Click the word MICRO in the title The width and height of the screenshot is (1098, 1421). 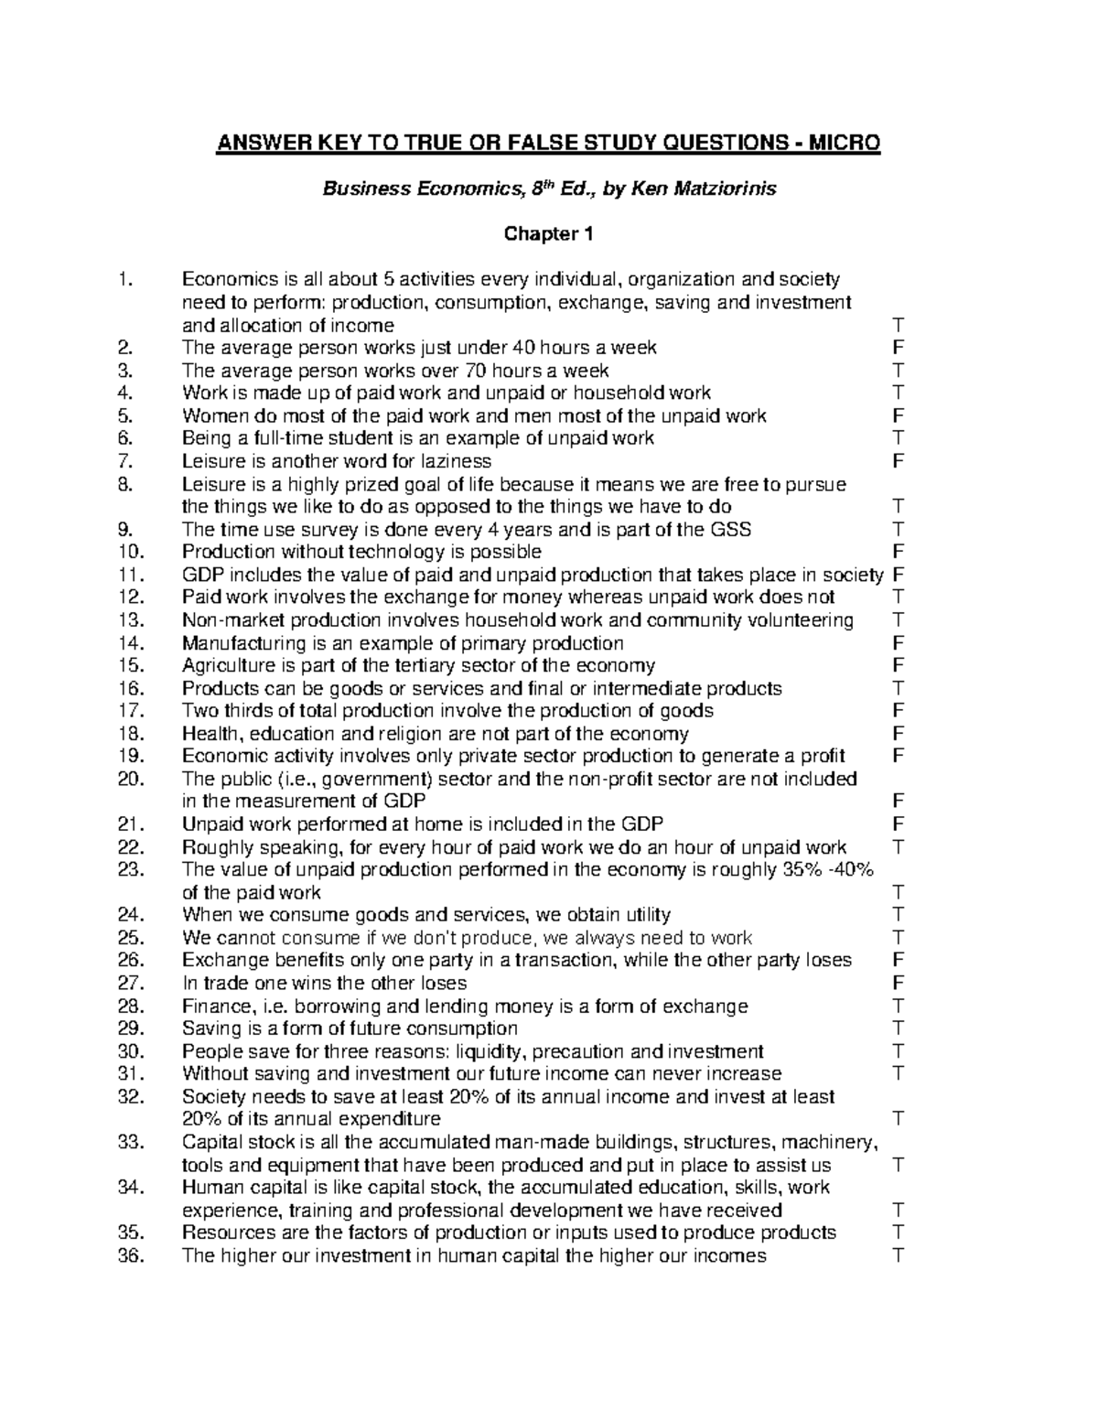pyautogui.click(x=842, y=144)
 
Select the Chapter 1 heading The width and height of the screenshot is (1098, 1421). pyautogui.click(x=549, y=234)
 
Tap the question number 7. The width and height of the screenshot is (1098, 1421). pyautogui.click(x=125, y=461)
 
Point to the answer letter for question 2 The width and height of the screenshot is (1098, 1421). pyautogui.click(x=898, y=348)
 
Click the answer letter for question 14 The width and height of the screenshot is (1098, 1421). pyautogui.click(x=898, y=643)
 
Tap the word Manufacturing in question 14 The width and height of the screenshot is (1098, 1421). pyautogui.click(x=232, y=643)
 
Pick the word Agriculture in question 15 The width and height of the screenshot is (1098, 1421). pyautogui.click(x=222, y=666)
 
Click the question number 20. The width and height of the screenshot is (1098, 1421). pyautogui.click(x=131, y=780)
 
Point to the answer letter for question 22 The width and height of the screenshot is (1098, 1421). pyautogui.click(x=898, y=847)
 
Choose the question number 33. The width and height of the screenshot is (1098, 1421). pyautogui.click(x=131, y=1142)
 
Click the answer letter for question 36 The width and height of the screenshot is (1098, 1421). pyautogui.click(x=898, y=1255)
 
